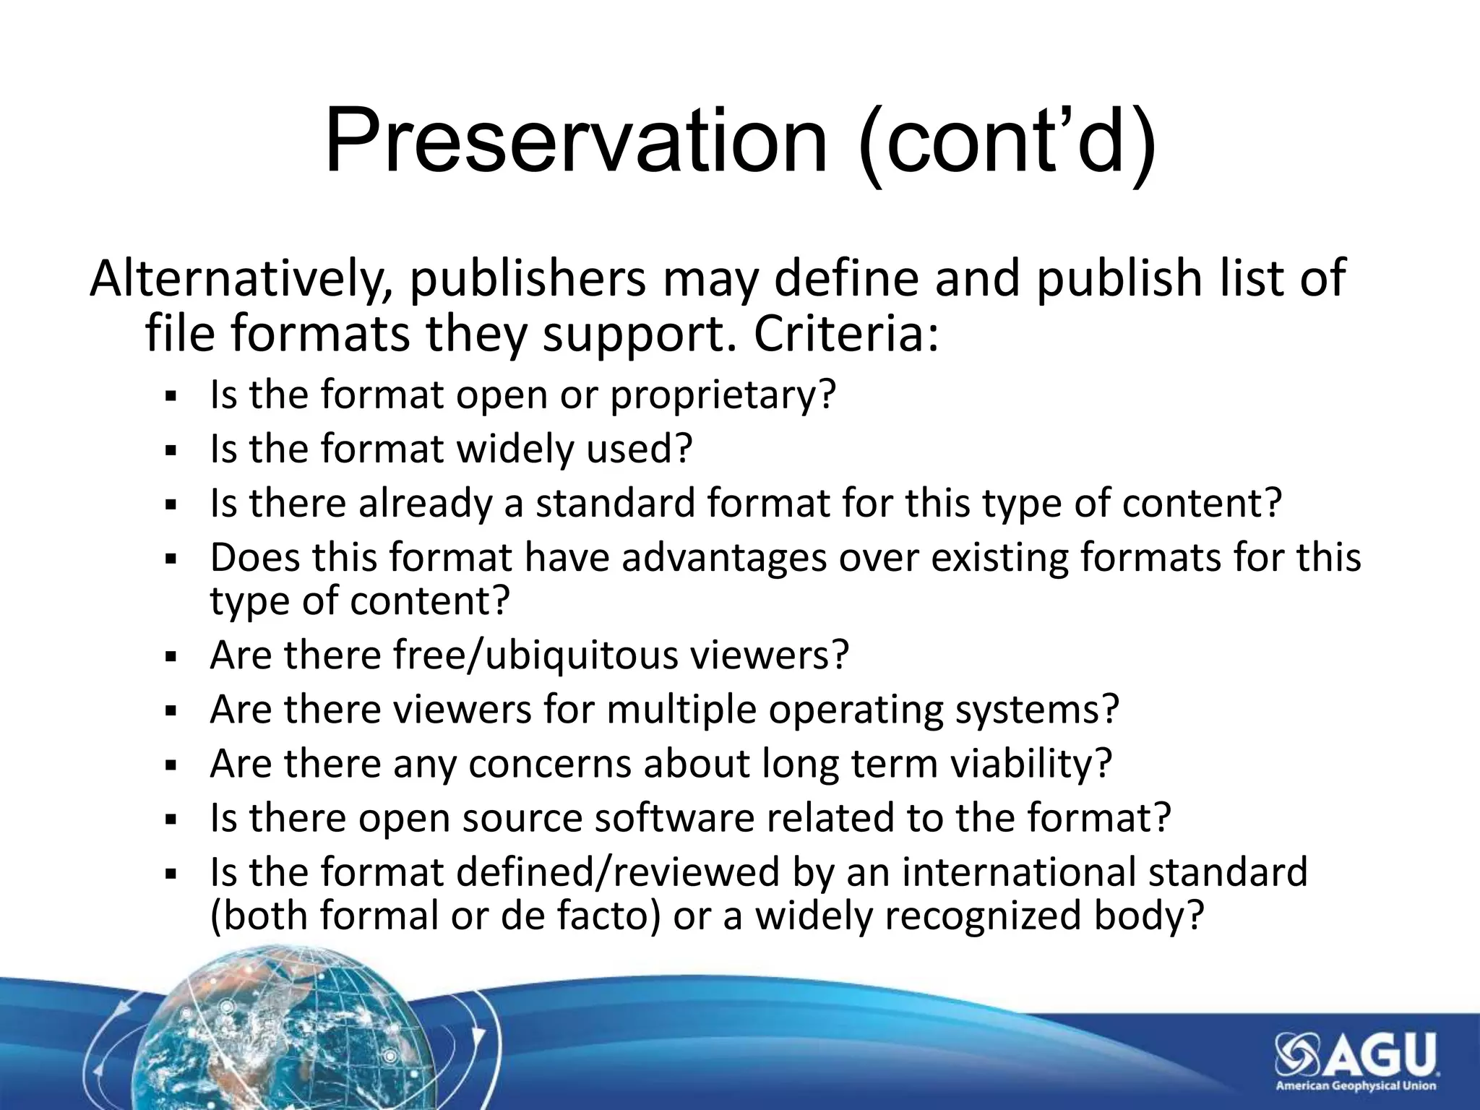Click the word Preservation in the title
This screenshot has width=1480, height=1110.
tap(575, 141)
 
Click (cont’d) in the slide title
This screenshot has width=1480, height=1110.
tap(1007, 141)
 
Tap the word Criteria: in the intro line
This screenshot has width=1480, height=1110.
tap(846, 335)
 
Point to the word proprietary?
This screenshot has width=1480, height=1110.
tap(723, 396)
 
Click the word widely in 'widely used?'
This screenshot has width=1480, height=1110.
tap(516, 449)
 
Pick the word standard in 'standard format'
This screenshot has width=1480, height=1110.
tap(615, 503)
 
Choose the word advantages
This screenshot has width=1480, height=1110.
tap(723, 558)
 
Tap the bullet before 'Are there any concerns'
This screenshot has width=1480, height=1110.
tap(171, 765)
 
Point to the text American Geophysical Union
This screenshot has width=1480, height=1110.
tap(1355, 1086)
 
